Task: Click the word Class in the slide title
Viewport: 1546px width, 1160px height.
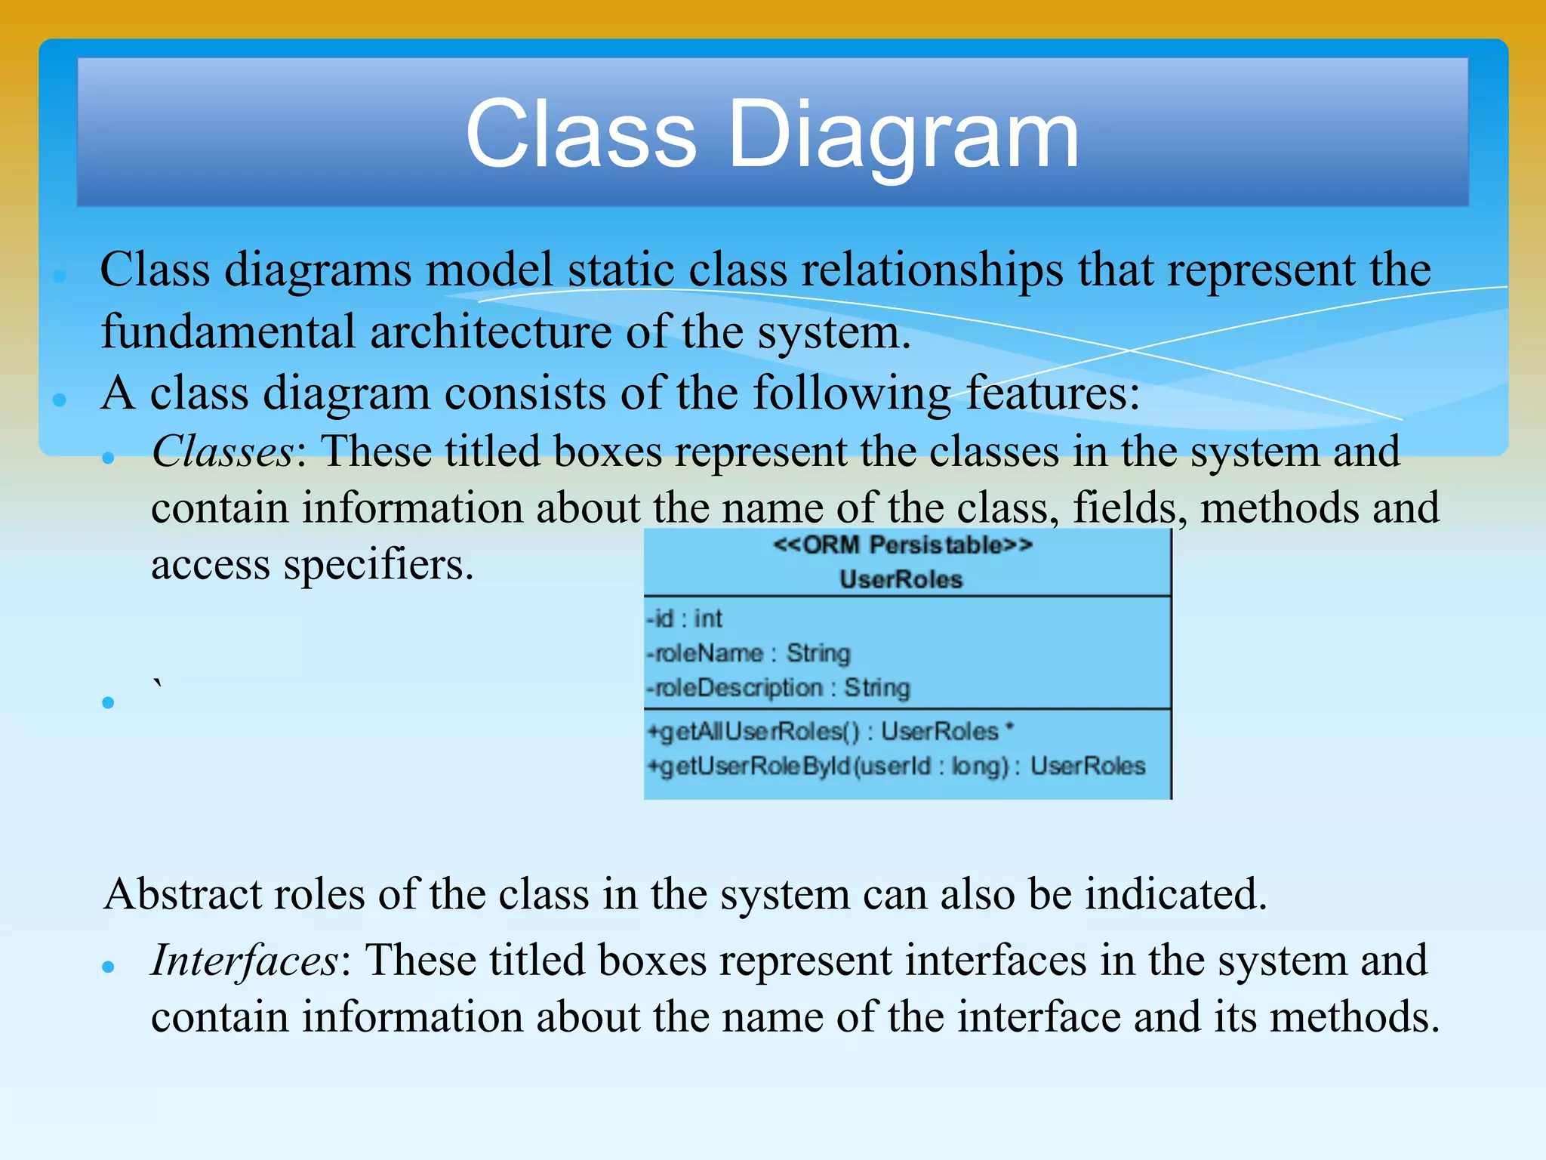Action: (581, 136)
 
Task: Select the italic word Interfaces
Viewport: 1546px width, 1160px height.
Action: (245, 961)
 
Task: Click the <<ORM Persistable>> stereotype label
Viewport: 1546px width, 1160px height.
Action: (902, 545)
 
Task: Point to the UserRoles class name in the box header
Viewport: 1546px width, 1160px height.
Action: (901, 579)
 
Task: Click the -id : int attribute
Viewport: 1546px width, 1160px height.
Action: (684, 619)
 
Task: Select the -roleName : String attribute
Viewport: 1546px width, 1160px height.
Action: (748, 653)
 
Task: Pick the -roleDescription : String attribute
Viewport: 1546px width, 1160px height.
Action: (778, 688)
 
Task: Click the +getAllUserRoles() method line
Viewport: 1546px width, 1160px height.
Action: (829, 731)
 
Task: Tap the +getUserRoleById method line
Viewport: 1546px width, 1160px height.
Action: (895, 767)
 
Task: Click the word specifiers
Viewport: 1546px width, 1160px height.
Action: (378, 566)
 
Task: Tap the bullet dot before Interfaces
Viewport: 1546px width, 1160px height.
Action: (108, 966)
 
